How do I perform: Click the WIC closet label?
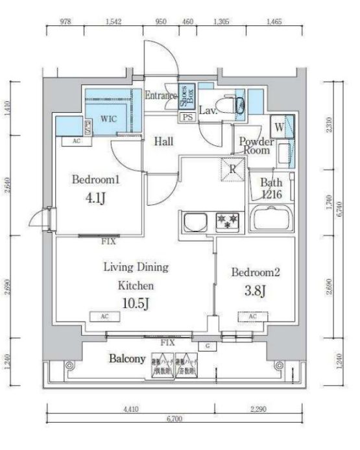(108, 120)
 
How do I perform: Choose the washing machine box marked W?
(278, 127)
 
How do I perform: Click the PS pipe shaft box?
(188, 117)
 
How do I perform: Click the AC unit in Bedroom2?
(253, 316)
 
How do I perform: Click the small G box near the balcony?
(208, 346)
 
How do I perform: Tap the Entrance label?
(160, 96)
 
